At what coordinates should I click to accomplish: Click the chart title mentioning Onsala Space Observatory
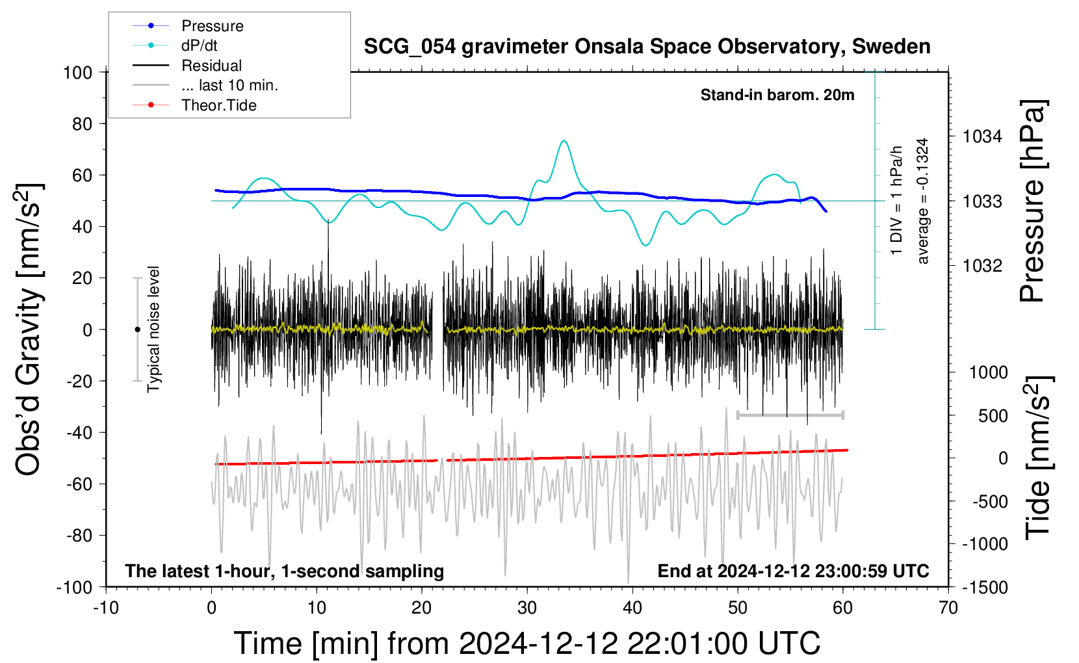[647, 47]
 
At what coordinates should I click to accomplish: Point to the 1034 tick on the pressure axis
[982, 137]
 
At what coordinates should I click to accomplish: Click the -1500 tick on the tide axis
[985, 588]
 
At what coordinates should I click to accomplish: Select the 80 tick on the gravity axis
[82, 124]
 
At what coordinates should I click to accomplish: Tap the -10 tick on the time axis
[106, 608]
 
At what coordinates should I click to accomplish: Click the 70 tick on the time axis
[948, 608]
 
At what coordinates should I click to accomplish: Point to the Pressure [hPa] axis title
[1033, 201]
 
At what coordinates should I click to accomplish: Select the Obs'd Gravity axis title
[29, 330]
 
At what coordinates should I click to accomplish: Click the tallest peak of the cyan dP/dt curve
[564, 140]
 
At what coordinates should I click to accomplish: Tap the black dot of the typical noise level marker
[137, 330]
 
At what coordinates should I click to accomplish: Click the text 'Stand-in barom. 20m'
[777, 95]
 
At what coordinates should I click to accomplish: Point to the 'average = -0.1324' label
[922, 201]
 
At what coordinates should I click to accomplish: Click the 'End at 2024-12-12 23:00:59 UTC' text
[794, 571]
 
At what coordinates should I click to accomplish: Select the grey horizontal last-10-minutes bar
[790, 415]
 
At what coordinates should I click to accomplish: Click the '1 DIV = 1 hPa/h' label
[896, 200]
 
